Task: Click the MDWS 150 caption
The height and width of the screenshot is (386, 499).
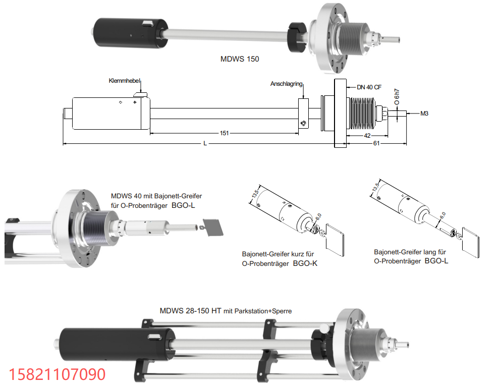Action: click(240, 59)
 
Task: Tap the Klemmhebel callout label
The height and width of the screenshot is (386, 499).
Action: click(124, 81)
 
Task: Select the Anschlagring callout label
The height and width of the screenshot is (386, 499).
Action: click(286, 84)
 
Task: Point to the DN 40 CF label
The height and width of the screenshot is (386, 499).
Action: click(369, 87)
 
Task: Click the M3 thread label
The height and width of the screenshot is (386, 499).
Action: click(424, 114)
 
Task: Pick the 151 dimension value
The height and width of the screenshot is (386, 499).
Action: click(224, 133)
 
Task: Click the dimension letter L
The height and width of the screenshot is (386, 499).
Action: click(205, 143)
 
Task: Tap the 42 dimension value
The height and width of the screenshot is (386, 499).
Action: click(367, 136)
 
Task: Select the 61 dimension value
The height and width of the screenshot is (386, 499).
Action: click(376, 143)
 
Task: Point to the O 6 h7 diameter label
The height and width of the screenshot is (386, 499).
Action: click(397, 97)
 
